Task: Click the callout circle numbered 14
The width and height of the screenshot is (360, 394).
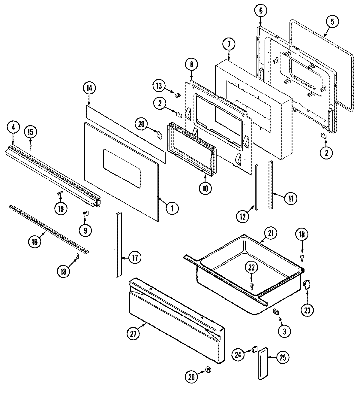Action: coord(89,88)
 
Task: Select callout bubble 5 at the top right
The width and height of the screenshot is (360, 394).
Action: coord(332,21)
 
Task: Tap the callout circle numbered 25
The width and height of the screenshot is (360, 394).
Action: coord(283,357)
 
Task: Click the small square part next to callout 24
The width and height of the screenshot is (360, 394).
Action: coord(255,349)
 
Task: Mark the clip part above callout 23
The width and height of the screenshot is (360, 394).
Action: coord(306,283)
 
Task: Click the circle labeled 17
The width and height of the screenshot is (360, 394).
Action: coord(135,257)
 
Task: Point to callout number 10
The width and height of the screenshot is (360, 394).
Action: coord(205,188)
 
